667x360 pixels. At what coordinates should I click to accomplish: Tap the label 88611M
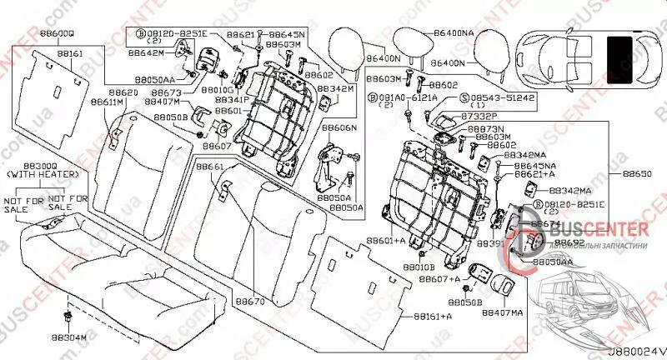pyautogui.click(x=108, y=102)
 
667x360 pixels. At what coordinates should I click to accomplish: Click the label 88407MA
pyautogui.click(x=503, y=312)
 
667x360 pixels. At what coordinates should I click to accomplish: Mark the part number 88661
pyautogui.click(x=209, y=167)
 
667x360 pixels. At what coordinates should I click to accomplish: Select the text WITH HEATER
pyautogui.click(x=40, y=176)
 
